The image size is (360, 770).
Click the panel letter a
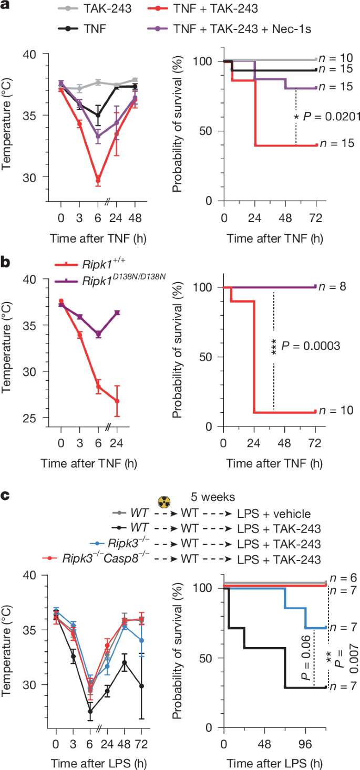pos(6,7)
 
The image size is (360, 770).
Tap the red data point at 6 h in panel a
pos(98,180)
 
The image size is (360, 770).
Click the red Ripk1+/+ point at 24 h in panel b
pos(117,401)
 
